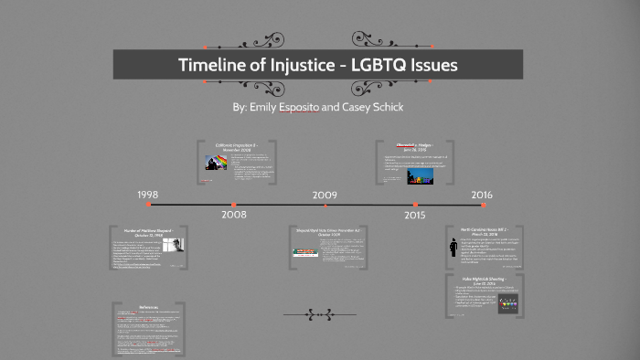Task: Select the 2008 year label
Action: click(233, 216)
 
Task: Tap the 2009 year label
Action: click(325, 196)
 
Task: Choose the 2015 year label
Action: click(415, 216)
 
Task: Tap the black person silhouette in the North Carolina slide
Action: click(454, 249)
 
